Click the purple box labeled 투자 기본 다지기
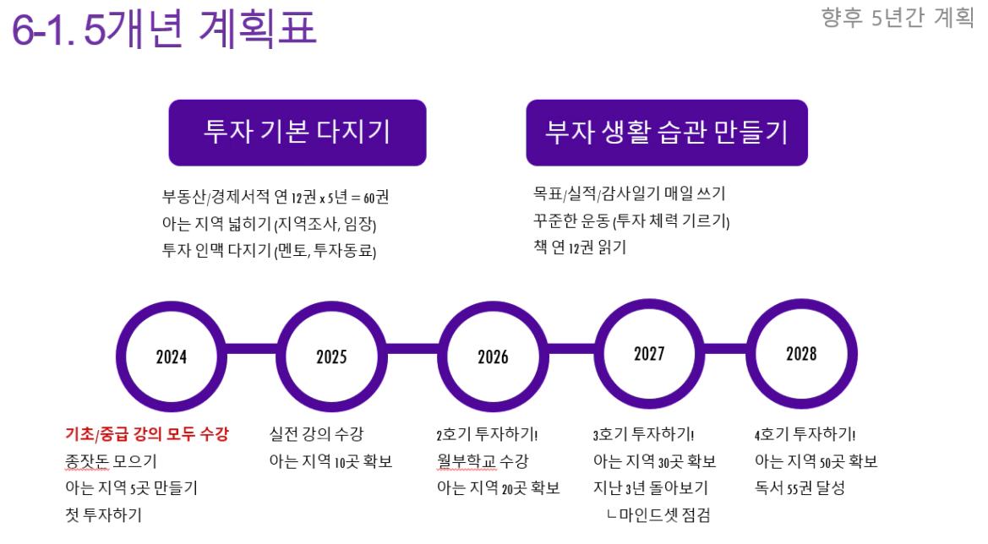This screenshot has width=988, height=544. point(297,133)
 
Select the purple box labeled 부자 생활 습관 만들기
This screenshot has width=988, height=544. point(667,133)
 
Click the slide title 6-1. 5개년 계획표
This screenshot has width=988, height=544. point(164,29)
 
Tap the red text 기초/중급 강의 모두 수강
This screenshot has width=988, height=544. point(147,434)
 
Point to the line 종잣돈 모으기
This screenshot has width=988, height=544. point(111,461)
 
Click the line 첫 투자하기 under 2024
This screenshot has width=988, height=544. point(103,515)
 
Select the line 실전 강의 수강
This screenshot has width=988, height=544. point(316,434)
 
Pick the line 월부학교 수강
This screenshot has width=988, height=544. point(483,461)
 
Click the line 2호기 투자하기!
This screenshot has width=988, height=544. point(487,434)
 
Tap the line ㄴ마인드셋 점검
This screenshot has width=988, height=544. point(658,515)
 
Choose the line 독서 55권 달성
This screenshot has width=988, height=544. point(800,488)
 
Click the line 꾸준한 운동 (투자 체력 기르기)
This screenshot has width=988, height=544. point(631,220)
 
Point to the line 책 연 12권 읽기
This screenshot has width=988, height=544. point(580,247)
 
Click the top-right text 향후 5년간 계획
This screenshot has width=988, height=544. point(898,17)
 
